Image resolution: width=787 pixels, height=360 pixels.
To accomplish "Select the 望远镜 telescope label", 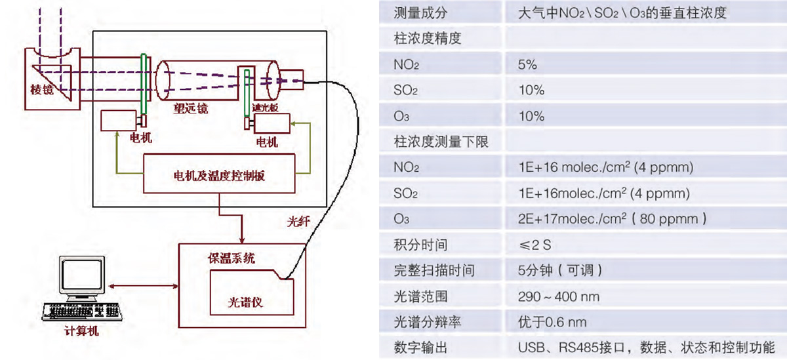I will [x=190, y=109].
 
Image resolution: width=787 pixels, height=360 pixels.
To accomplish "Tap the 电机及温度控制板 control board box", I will [x=218, y=174].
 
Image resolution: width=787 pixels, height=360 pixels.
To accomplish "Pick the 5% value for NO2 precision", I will [x=527, y=64].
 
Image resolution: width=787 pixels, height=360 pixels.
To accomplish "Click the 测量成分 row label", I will [x=420, y=13].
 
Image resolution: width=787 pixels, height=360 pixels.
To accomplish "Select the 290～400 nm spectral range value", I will [x=558, y=296].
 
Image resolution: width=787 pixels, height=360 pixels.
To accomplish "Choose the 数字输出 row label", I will [x=420, y=348].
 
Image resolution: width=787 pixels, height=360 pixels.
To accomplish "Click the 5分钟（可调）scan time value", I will [x=559, y=270].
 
